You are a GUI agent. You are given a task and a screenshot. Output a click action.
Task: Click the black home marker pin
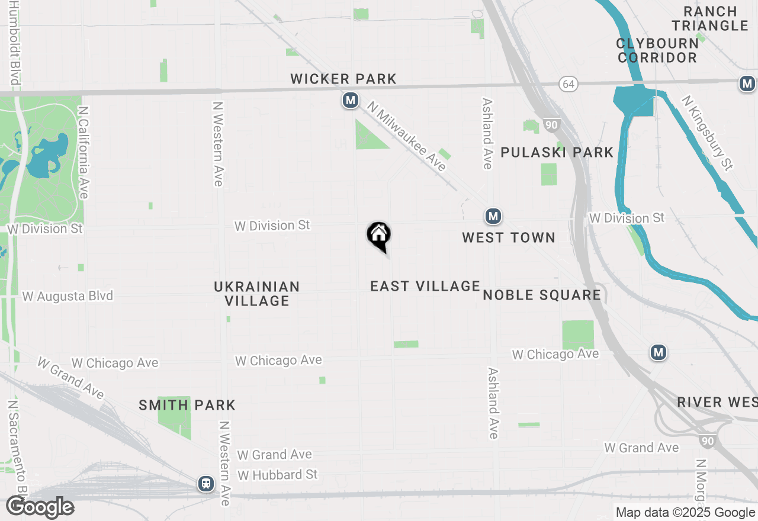[x=379, y=236]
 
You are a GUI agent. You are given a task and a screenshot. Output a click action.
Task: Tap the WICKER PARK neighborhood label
[x=343, y=79]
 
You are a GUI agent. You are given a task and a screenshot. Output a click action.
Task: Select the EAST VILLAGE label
[x=425, y=287]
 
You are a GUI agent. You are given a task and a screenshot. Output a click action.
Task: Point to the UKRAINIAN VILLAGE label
[x=256, y=294]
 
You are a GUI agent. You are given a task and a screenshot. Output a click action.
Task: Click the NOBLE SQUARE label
[x=542, y=295]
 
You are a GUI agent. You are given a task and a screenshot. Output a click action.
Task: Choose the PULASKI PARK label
[x=557, y=152]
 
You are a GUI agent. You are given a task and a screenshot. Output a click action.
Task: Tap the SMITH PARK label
[x=187, y=406]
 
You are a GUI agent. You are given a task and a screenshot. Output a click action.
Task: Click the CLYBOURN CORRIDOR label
[x=657, y=50]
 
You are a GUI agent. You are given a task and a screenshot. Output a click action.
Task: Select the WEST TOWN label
[x=509, y=237]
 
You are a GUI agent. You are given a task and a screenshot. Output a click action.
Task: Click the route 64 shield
[x=568, y=85]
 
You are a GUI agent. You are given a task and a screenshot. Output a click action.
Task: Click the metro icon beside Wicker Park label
[x=351, y=100]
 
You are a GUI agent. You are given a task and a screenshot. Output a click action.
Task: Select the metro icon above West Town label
[x=493, y=217]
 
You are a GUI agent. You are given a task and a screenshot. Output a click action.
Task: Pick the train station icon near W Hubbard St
[x=206, y=484]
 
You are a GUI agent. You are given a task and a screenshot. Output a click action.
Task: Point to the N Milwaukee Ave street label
[x=406, y=136]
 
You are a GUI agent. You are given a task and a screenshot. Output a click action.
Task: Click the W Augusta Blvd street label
[x=68, y=296]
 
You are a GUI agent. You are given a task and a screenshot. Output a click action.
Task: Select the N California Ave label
[x=83, y=153]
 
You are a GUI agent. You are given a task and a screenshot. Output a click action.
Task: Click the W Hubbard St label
[x=277, y=475]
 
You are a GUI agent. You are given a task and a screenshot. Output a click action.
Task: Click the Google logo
[x=40, y=507]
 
